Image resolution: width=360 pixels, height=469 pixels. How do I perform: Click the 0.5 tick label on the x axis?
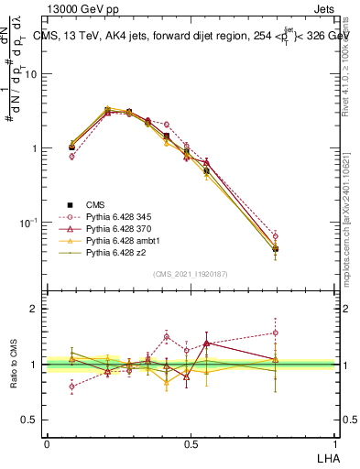click(190, 443)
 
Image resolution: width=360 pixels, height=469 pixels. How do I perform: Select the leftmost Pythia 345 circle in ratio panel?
click(72, 387)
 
